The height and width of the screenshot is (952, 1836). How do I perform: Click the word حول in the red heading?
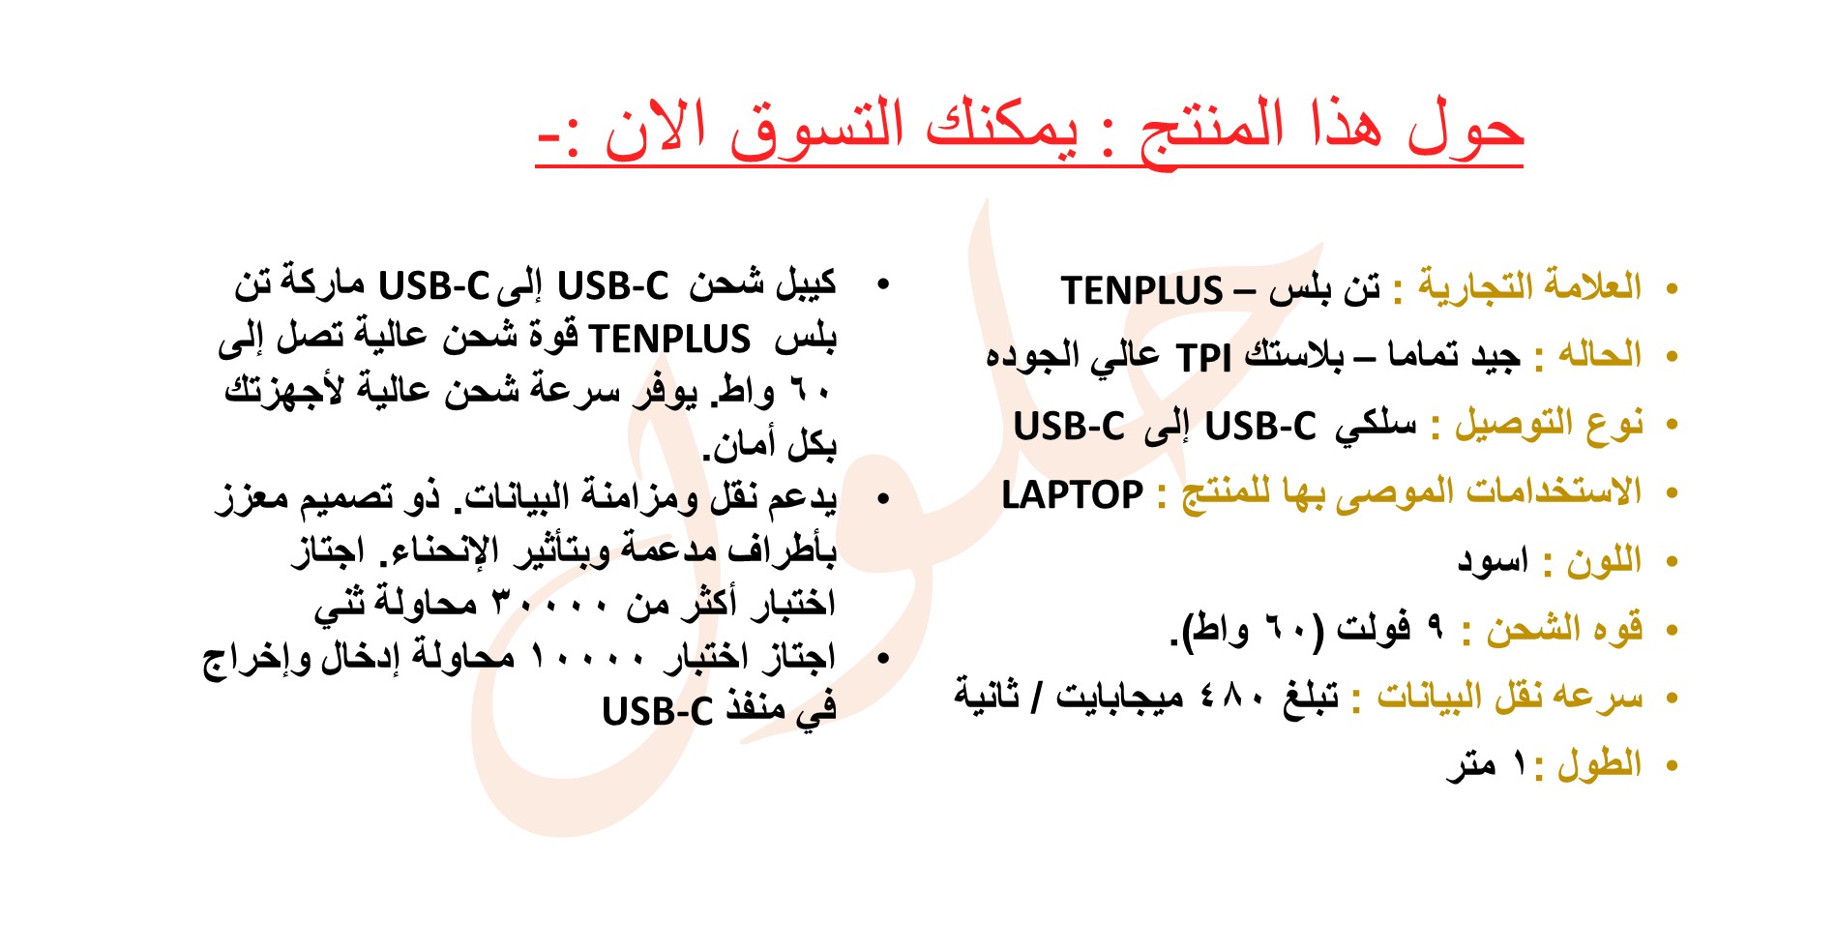tap(1466, 130)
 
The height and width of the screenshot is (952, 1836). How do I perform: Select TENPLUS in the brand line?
tap(1142, 290)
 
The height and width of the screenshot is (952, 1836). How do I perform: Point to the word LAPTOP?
tap(1072, 495)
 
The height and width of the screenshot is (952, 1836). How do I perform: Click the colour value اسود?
tap(1493, 561)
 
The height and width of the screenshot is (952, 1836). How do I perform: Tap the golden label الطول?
tap(1600, 765)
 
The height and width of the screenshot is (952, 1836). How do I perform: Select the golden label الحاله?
tap(1600, 355)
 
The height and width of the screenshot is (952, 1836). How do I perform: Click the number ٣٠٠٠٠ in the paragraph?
tap(550, 606)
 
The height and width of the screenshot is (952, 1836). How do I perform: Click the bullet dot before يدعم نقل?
tap(881, 499)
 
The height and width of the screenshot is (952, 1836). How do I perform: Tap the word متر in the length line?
tap(1472, 766)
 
